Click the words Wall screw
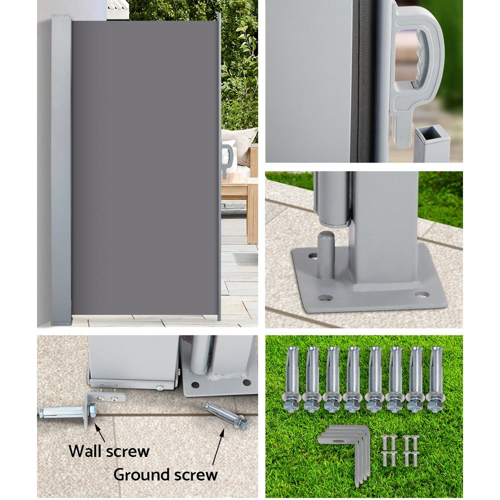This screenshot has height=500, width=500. coord(109,451)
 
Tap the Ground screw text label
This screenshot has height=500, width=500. coord(165,474)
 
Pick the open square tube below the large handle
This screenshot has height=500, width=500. coord(431,143)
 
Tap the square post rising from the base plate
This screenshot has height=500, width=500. coord(382,225)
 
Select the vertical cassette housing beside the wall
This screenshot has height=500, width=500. coord(61,170)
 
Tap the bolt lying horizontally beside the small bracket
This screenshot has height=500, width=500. coord(62,412)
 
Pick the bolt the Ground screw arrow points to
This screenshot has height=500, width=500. coord(227,415)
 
